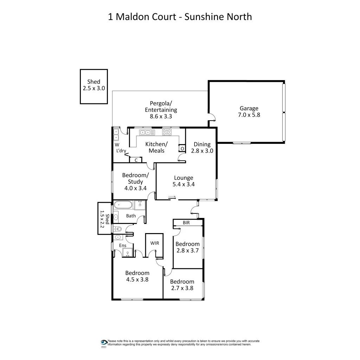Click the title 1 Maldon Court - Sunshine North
point(180,17)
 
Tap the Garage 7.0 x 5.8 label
point(249,111)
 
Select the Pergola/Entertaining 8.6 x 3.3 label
point(161,110)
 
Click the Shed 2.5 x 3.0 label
point(94,85)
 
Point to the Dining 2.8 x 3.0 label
point(202,147)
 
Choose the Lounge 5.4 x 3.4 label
point(184,181)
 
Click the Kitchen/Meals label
point(156,147)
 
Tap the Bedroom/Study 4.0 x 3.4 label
point(135,181)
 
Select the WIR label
point(155,243)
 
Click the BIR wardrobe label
point(186,223)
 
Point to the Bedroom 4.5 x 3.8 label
point(137,276)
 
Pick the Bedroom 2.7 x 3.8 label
point(182,285)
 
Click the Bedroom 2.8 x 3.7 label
point(187,247)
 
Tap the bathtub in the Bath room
point(123,205)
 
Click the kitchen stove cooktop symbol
point(167,133)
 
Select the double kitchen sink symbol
point(147,133)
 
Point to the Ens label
point(123,245)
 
